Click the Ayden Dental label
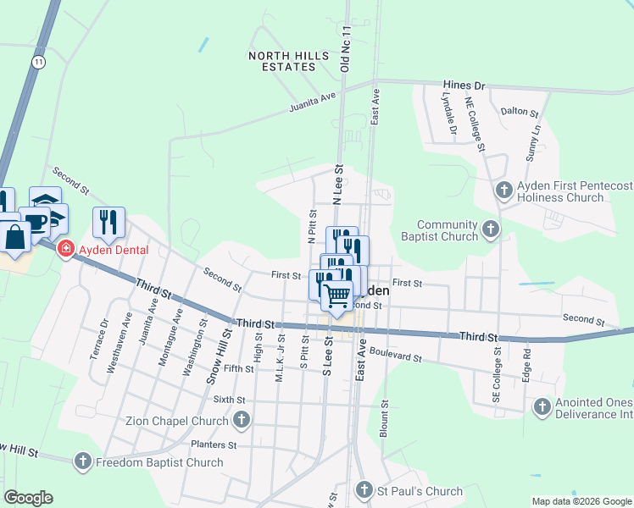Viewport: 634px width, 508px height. coord(114,250)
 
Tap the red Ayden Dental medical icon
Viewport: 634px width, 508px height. coord(65,249)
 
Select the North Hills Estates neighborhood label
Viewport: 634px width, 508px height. coord(287,60)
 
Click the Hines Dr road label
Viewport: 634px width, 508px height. coord(464,86)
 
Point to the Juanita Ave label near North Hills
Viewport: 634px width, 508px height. coord(313,102)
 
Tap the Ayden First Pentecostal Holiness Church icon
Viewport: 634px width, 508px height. coord(504,190)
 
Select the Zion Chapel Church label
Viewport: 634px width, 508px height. coord(177,420)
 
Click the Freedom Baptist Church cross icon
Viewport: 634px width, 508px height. coord(82,461)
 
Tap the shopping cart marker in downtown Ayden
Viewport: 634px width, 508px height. coord(337,295)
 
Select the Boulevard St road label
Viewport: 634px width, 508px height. coord(395,358)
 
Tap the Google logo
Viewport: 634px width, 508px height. coord(28,498)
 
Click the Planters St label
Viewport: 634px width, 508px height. coord(213,444)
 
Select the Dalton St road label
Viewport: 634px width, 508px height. coord(520,112)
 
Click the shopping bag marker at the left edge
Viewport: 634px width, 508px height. coord(16,236)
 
